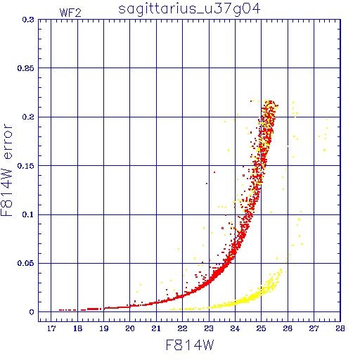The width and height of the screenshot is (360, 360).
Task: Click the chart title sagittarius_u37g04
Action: point(189,9)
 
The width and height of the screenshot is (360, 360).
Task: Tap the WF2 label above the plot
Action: point(70,13)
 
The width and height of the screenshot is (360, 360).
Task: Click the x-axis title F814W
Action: point(190,345)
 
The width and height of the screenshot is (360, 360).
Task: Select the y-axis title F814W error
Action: point(6,170)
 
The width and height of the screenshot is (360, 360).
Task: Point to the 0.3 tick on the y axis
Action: point(28,20)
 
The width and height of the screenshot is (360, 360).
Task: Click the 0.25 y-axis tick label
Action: point(26,68)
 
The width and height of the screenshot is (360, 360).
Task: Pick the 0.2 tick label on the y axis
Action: point(28,117)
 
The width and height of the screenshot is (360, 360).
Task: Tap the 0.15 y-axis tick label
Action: point(26,166)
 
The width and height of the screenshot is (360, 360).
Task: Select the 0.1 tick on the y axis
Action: point(28,214)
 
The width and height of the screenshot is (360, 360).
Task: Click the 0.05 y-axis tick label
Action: point(26,263)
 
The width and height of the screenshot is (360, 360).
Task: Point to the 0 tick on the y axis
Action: point(32,312)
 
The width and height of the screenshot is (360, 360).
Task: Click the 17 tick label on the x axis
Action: point(51,328)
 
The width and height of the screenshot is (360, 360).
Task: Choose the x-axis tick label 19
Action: point(104,328)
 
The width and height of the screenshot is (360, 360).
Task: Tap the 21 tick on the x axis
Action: point(156,328)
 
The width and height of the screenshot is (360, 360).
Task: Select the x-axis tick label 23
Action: point(209,328)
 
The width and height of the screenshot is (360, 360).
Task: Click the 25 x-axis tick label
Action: point(261,328)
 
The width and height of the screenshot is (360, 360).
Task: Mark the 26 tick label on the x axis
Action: point(288,328)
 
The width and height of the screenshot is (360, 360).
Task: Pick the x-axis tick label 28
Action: point(340,328)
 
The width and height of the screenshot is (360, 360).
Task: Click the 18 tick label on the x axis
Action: point(77,328)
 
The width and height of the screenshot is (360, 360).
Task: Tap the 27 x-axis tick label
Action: point(314,328)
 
